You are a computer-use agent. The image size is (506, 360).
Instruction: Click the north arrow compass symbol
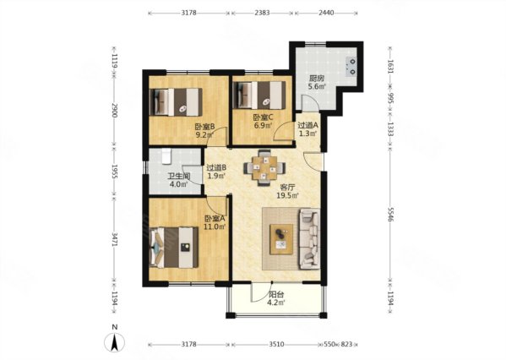click(x=115, y=342)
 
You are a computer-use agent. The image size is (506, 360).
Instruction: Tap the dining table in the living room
click(x=264, y=167)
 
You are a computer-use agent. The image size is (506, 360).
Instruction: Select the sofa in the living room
click(x=309, y=239)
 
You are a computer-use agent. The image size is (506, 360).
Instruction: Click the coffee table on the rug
click(x=281, y=239)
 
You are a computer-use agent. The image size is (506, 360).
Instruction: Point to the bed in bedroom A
click(x=174, y=248)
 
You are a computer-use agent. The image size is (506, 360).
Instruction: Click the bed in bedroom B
click(x=177, y=102)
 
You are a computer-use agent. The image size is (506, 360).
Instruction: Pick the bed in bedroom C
click(x=259, y=95)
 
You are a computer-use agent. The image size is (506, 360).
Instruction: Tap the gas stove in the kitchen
click(x=351, y=66)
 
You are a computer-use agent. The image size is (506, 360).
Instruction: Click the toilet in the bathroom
click(x=166, y=155)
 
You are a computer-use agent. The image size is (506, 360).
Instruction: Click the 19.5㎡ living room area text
click(x=287, y=195)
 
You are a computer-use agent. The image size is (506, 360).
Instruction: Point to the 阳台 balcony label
click(x=276, y=294)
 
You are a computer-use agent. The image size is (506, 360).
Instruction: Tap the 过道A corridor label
click(x=307, y=125)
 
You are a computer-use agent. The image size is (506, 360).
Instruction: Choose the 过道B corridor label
click(x=216, y=168)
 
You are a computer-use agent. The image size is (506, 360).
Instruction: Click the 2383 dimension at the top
click(x=262, y=13)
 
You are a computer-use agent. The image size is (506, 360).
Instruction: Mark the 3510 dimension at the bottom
click(x=276, y=345)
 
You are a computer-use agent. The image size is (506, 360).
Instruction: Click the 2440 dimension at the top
click(x=326, y=13)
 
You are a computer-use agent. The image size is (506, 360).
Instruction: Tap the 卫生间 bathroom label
click(x=178, y=177)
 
